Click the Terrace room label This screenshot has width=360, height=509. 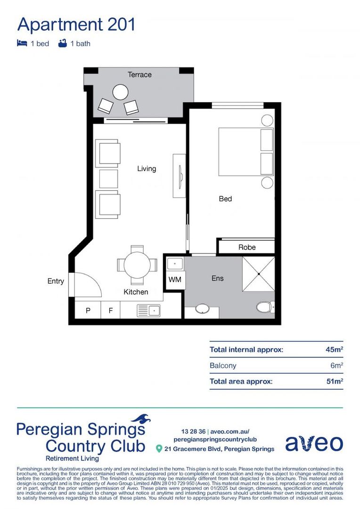[x=139, y=74]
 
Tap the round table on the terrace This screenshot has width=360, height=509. [x=121, y=91]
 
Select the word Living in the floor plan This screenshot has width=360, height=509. [x=147, y=168]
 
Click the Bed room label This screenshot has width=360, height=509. [x=225, y=199]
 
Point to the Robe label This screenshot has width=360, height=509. [x=247, y=247]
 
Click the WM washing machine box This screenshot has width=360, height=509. [x=175, y=280]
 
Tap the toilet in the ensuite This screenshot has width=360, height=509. [x=265, y=307]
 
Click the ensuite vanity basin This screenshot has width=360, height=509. [x=202, y=309]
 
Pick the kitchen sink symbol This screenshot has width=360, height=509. [x=148, y=310]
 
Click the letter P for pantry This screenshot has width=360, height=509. [x=88, y=311]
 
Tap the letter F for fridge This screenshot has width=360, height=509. [x=111, y=311]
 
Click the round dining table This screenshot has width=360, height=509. [x=137, y=265]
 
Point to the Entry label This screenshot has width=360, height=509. [x=56, y=281]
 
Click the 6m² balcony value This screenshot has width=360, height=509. [x=336, y=365]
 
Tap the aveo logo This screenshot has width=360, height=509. [x=314, y=443]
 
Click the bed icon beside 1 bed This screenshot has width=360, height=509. [x=22, y=43]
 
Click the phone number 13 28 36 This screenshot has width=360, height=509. [x=193, y=431]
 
